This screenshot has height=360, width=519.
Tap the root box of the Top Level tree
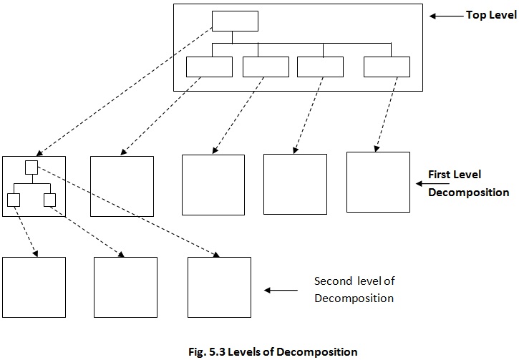[235, 21]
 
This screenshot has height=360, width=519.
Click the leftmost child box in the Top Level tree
[209, 67]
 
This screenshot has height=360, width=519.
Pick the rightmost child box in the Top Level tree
[387, 67]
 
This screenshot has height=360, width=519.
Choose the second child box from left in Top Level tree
[266, 67]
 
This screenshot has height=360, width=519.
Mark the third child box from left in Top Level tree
[320, 67]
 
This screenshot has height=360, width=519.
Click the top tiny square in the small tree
[31, 167]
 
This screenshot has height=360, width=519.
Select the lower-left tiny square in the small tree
[13, 200]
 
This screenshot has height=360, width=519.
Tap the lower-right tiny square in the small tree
[49, 200]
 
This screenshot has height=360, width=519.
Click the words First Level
[455, 175]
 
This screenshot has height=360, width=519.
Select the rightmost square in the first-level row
[378, 182]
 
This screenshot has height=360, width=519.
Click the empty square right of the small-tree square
[122, 186]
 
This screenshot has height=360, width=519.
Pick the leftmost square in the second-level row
[34, 287]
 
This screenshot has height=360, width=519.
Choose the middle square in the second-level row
[125, 287]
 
